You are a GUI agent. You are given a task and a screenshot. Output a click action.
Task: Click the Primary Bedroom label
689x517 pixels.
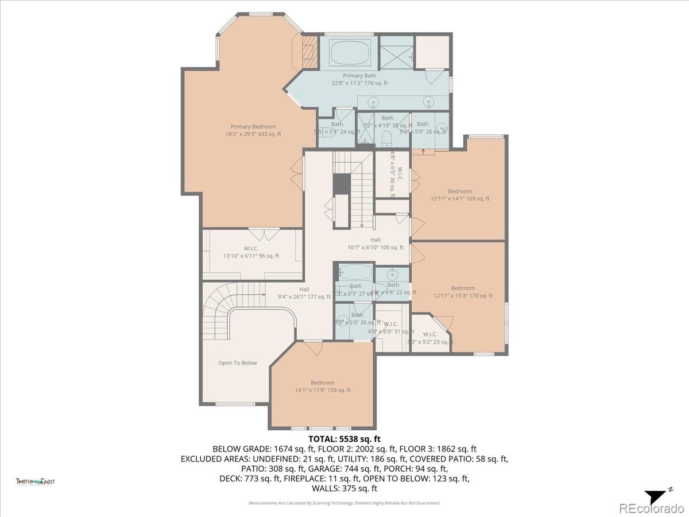253,127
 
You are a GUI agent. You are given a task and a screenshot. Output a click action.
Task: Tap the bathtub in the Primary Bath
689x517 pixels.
350,52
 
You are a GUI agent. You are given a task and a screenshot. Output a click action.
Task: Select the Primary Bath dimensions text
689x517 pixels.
359,83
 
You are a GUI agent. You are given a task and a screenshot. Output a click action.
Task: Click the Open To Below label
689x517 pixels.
237,363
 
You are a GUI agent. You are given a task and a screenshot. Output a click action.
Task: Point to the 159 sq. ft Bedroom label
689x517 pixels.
322,383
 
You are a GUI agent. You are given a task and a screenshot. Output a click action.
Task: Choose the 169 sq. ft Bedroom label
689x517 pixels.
460,191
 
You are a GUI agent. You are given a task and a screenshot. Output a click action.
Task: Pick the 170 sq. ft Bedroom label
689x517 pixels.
463,288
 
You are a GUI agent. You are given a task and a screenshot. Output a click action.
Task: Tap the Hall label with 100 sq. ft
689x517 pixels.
375,240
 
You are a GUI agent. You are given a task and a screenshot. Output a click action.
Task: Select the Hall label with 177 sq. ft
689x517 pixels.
304,290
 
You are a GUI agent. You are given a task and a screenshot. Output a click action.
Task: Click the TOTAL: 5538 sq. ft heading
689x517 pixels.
344,439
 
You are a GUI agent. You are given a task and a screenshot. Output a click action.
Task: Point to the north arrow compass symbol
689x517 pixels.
656,496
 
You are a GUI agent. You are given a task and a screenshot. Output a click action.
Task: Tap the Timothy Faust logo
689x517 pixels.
36,481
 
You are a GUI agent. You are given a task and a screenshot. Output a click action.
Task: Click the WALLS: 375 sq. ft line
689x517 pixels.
344,489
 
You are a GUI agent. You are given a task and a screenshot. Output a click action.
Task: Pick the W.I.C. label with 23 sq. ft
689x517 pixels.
429,334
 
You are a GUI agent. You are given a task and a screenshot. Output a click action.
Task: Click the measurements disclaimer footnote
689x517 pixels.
344,503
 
